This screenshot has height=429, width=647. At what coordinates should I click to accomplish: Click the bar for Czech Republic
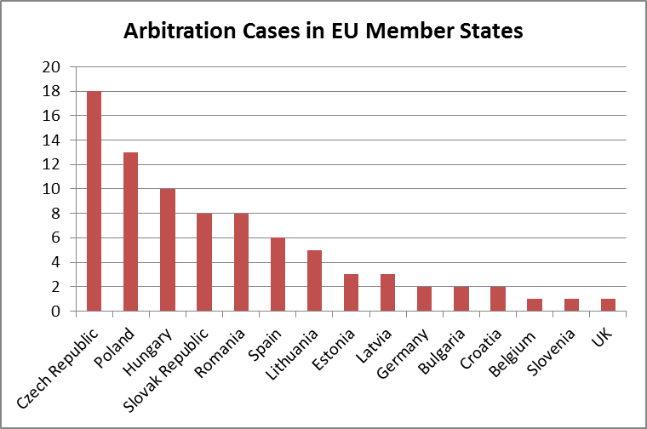[94, 201]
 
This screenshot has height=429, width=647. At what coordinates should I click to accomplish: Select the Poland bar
[130, 232]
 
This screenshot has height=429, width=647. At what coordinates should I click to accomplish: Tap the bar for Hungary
[167, 249]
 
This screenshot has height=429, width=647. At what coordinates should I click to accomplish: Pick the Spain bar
[278, 274]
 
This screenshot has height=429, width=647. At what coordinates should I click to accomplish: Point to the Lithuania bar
[314, 280]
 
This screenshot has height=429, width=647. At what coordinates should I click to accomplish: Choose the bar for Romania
[241, 262]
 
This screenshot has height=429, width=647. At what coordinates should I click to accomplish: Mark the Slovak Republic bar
[204, 262]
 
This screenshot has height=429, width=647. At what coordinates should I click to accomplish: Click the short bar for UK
[608, 305]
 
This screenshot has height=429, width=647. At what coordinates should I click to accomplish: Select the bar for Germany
[424, 299]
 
